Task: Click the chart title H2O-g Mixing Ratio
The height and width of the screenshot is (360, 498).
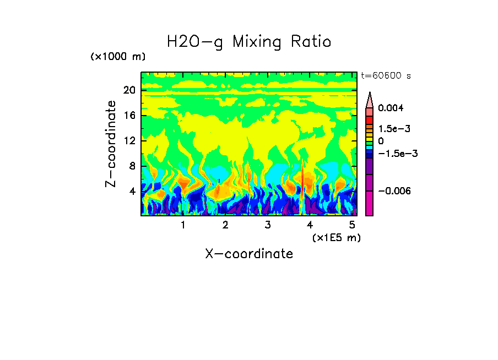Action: pos(249,42)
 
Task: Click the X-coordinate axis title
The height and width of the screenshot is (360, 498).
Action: pos(249,254)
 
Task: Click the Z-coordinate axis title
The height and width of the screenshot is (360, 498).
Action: pos(111,144)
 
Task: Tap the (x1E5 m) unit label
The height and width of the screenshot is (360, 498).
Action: pos(336,237)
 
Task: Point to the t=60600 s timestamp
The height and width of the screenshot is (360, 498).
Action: pos(386,75)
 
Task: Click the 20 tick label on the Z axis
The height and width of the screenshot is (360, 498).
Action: pos(129,90)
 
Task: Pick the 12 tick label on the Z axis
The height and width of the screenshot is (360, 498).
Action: pos(129,141)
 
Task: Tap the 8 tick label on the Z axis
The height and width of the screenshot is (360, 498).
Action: pos(132,166)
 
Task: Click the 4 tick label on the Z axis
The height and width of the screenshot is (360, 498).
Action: pos(132,192)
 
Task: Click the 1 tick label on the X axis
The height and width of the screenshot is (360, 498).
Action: pos(183,225)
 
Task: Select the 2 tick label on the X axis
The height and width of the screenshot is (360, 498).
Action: pos(225,225)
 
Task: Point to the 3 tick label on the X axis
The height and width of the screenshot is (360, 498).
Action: pos(268,225)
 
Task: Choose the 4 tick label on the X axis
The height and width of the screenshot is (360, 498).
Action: pos(310,225)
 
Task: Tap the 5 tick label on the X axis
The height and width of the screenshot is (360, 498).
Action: pos(352,225)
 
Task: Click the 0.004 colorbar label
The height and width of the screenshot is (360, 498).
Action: pos(391,108)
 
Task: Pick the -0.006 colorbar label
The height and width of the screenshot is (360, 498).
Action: pos(394,190)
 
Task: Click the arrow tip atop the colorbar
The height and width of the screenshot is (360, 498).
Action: pos(370,94)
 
